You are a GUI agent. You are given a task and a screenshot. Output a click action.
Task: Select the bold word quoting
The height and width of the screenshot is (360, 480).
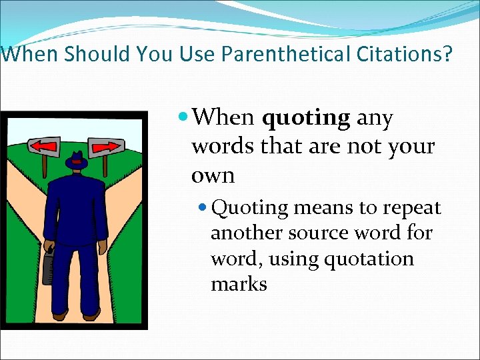(x=306, y=118)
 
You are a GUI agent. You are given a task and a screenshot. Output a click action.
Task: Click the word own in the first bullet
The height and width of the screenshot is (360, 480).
(x=213, y=175)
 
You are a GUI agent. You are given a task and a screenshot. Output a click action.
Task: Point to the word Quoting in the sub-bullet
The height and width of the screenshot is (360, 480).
(x=249, y=208)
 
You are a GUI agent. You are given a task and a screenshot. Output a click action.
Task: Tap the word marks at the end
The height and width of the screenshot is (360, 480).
(x=239, y=284)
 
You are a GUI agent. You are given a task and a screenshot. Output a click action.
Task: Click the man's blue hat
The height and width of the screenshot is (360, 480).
(x=77, y=162)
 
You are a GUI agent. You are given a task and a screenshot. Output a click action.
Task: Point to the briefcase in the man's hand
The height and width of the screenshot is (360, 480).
(x=48, y=266)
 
